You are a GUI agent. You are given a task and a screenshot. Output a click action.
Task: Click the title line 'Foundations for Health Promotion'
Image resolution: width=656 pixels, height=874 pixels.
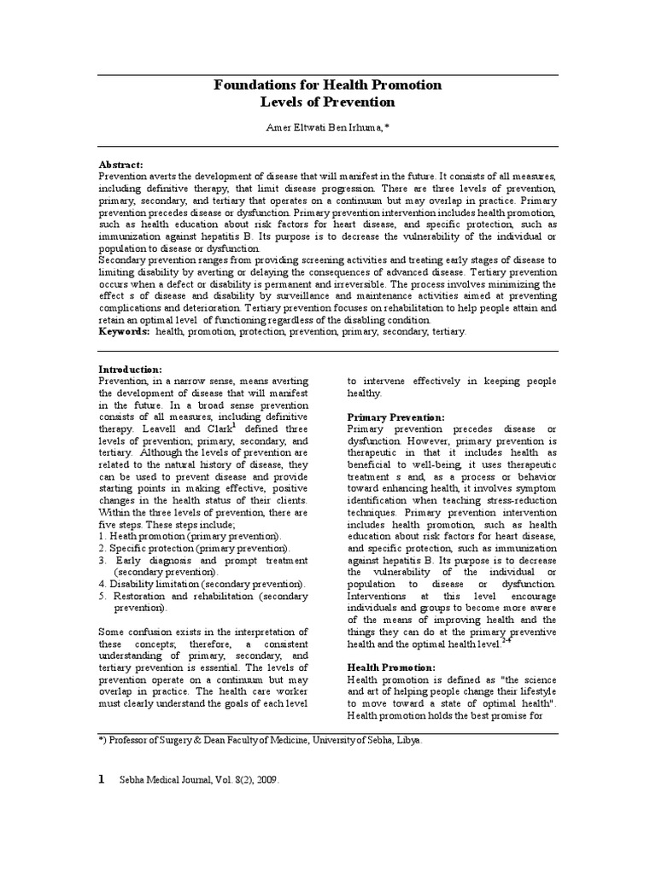(327, 84)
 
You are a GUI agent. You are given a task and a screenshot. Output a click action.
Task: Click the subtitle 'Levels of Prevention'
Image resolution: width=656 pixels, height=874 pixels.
(327, 102)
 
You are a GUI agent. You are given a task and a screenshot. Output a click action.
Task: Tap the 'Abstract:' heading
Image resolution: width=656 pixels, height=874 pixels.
(121, 164)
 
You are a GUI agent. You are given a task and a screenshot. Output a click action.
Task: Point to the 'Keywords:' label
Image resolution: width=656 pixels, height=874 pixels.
(125, 331)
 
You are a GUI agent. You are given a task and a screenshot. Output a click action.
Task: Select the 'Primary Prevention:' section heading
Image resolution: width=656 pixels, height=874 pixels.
(395, 417)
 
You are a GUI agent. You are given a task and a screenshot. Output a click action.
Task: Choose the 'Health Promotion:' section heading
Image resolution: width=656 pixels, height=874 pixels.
(390, 666)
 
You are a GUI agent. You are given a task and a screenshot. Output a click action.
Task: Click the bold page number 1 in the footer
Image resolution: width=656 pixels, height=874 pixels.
(102, 779)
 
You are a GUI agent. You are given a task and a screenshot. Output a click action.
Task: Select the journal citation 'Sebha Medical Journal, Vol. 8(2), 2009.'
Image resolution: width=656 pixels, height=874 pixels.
(199, 781)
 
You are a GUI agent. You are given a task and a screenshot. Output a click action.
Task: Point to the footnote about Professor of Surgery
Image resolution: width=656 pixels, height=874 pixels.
(261, 740)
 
